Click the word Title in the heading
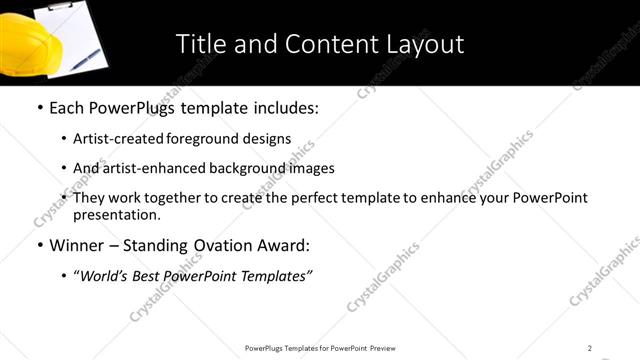(x=200, y=44)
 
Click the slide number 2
(x=590, y=347)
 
